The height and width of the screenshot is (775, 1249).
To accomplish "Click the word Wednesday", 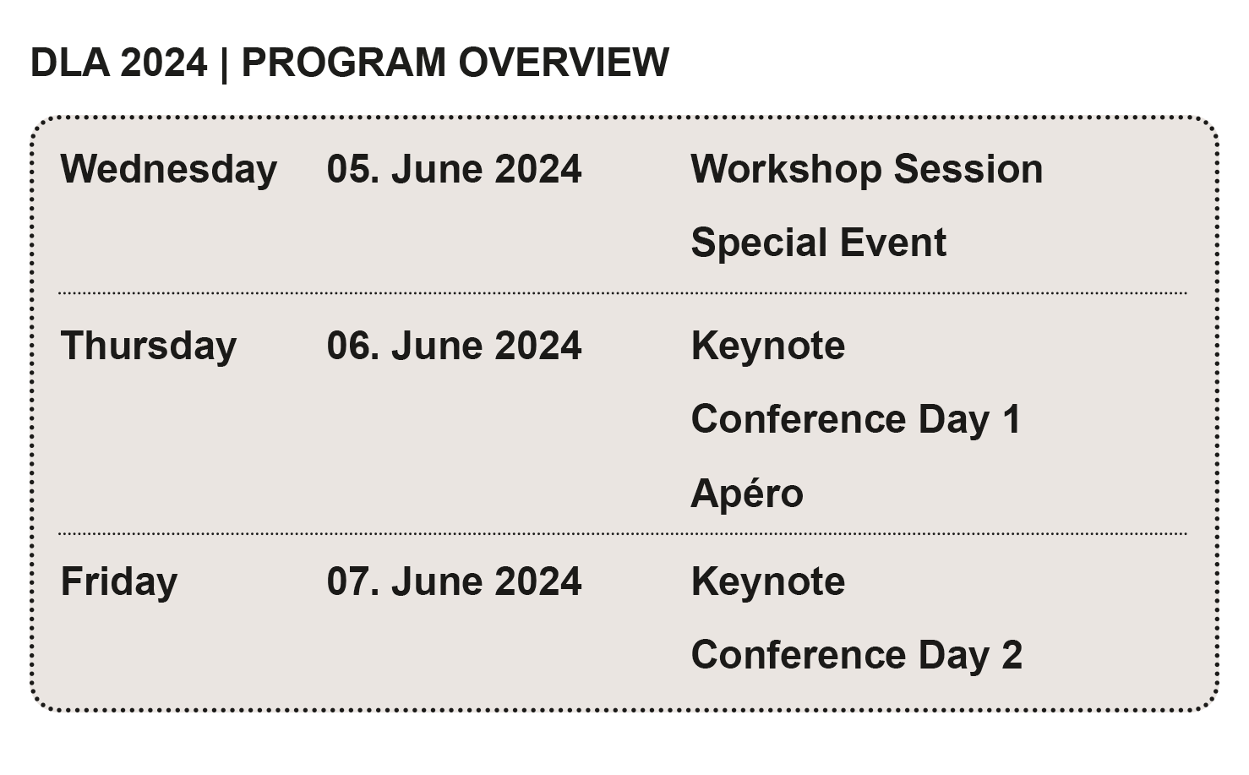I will click(168, 169).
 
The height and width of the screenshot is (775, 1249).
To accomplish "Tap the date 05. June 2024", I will click(454, 169).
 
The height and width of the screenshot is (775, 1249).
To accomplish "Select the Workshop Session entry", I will click(866, 169).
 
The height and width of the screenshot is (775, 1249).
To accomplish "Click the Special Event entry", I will click(818, 243).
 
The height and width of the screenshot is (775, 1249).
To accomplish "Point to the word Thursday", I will click(149, 346).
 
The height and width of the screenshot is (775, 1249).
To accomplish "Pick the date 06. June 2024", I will click(454, 346).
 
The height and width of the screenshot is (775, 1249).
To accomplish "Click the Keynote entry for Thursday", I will click(767, 346).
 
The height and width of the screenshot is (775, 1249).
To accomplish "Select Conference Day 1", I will click(855, 419).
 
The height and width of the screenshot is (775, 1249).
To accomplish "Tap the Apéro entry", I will click(747, 493).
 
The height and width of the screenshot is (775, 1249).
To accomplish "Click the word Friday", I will click(119, 581).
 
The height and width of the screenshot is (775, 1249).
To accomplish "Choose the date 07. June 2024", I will click(454, 581).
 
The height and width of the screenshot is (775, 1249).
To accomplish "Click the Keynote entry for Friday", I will click(767, 581).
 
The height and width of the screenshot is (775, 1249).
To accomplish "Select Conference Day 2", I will click(856, 655).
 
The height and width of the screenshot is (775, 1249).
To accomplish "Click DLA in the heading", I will click(69, 63).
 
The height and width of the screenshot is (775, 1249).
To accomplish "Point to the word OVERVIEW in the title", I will click(564, 63).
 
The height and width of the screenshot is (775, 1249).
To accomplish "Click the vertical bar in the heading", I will click(224, 63).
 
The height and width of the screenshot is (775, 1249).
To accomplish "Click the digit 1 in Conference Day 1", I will click(1012, 419).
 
